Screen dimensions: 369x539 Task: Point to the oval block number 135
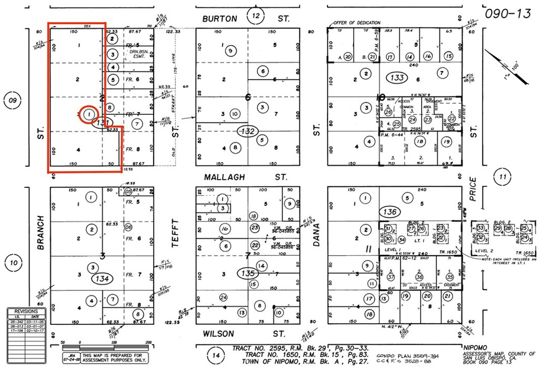247,274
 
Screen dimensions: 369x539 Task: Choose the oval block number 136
390,212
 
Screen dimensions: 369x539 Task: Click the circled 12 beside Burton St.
256,16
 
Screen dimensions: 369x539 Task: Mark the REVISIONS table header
26,312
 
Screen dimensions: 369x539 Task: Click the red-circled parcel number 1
89,114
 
